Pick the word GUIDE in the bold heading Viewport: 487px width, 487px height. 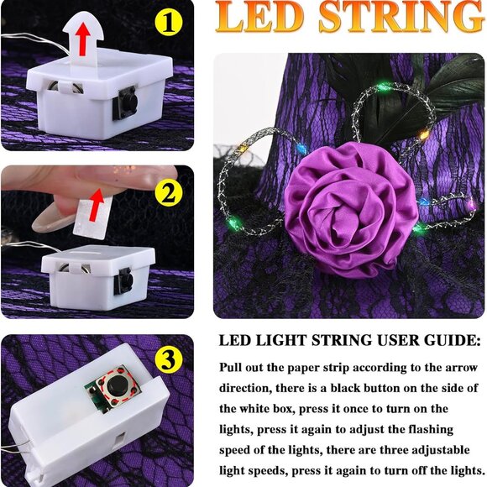[x=452, y=342]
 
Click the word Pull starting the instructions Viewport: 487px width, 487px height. [x=233, y=368]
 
